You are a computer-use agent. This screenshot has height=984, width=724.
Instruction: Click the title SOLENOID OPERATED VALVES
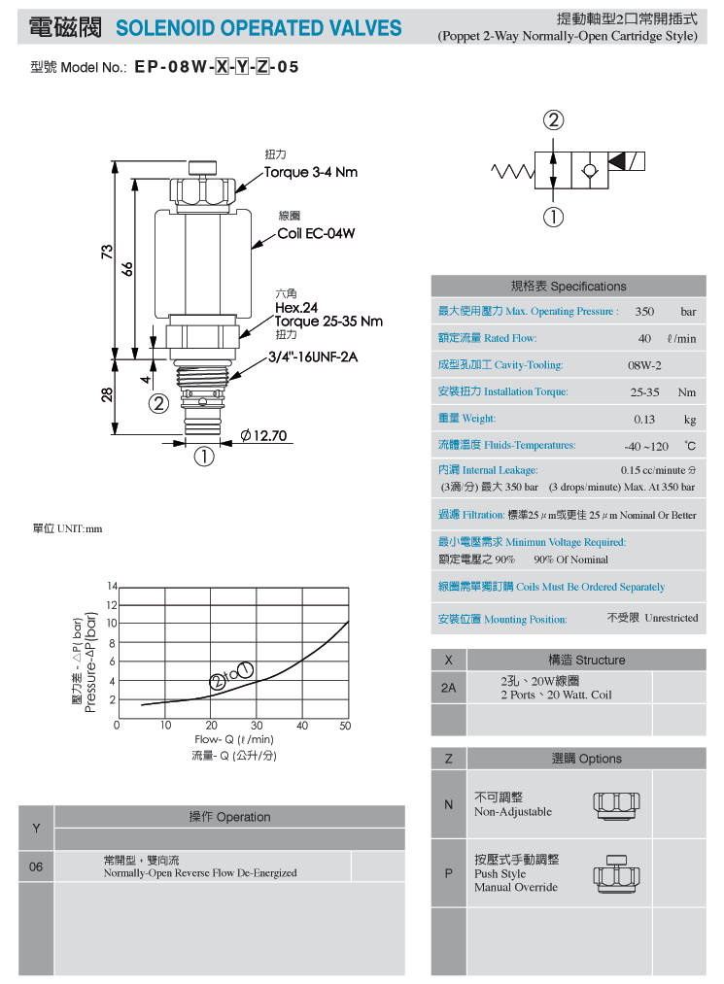click(x=259, y=28)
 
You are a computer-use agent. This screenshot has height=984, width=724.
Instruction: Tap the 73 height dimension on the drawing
click(x=107, y=251)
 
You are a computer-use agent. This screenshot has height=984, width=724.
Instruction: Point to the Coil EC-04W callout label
click(x=316, y=233)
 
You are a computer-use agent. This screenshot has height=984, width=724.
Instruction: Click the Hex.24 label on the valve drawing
click(x=296, y=308)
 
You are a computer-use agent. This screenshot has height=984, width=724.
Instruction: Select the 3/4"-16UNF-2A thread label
click(x=313, y=357)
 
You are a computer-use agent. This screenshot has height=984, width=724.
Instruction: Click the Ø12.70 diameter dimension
click(x=263, y=435)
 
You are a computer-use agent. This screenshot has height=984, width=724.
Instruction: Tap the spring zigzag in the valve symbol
click(x=512, y=171)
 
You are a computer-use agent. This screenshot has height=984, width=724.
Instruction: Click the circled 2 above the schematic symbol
click(x=553, y=119)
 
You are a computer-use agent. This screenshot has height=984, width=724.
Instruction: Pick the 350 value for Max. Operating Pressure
click(x=644, y=312)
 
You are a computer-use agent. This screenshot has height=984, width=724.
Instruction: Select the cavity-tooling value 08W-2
click(x=644, y=365)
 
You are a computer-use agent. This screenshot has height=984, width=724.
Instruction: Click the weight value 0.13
click(x=644, y=420)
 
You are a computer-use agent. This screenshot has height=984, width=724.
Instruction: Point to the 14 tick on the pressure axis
click(x=112, y=586)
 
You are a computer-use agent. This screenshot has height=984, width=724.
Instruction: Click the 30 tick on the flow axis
click(x=257, y=726)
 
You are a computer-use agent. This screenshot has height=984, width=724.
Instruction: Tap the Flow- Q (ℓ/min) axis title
click(x=234, y=739)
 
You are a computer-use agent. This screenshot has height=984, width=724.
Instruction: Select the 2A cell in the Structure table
click(x=448, y=688)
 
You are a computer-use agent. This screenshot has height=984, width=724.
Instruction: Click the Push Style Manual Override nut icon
click(x=617, y=873)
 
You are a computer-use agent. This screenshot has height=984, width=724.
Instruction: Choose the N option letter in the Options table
click(x=448, y=804)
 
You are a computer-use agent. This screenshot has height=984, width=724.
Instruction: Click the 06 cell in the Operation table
click(x=36, y=866)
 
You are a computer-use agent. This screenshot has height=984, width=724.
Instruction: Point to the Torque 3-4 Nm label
click(x=311, y=173)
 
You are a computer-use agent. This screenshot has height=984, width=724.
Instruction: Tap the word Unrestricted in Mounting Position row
click(x=672, y=618)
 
